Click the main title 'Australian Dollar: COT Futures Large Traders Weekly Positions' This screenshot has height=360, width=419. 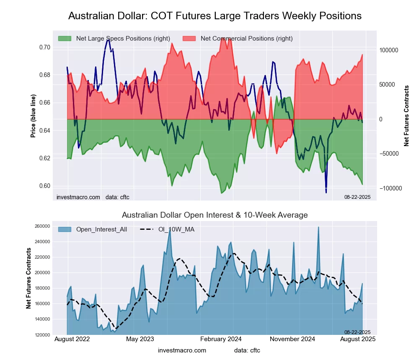[x=215, y=16]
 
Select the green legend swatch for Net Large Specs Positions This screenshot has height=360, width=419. [x=65, y=39]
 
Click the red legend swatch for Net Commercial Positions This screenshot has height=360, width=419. [x=189, y=39]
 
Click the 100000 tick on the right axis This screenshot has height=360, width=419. [x=389, y=50]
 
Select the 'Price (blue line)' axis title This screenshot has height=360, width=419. [x=33, y=116]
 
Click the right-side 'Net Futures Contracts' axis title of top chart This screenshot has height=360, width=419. [x=406, y=116]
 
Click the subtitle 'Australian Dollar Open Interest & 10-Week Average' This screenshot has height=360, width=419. [x=215, y=215]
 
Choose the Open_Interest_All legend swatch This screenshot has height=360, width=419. [x=65, y=229]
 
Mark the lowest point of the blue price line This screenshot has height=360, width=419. [x=326, y=193]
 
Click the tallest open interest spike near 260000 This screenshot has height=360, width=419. [x=318, y=227]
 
